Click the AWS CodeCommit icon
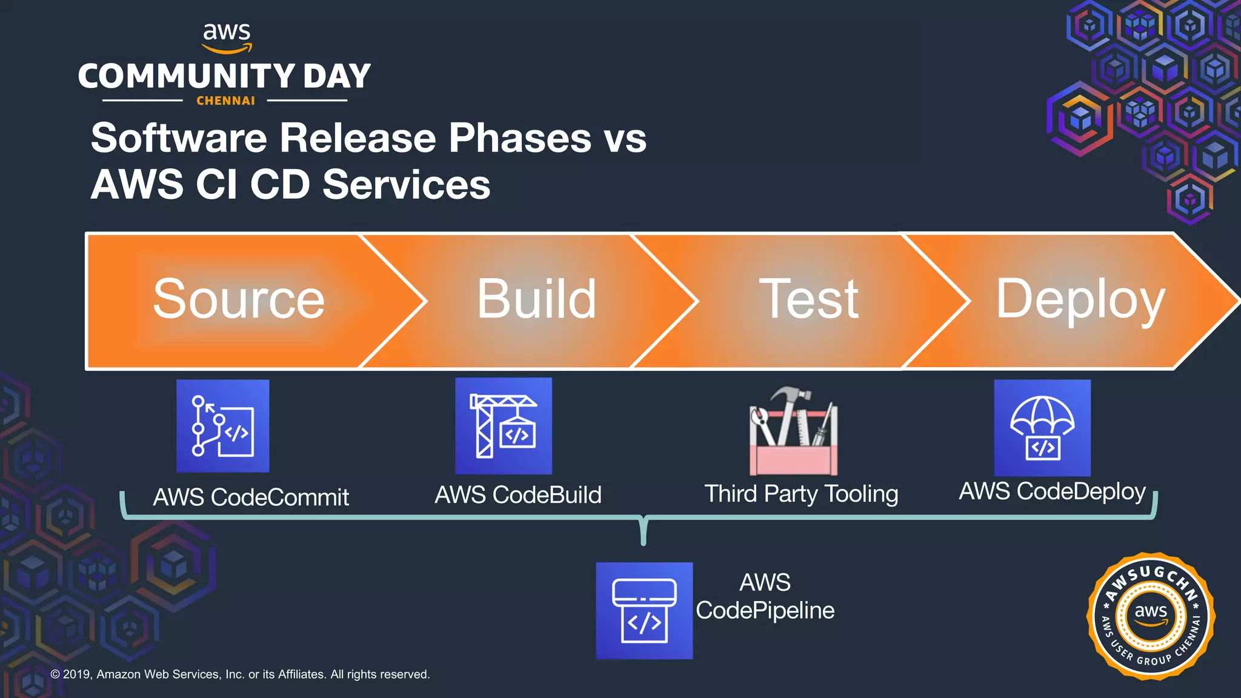click(x=222, y=426)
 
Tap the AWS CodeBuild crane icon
click(x=504, y=426)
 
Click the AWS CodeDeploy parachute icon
click(x=1042, y=428)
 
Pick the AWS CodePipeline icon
click(x=644, y=610)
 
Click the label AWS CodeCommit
click(x=251, y=497)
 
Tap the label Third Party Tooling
click(x=801, y=494)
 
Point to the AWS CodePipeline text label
click(x=765, y=597)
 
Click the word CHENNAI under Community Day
click(x=225, y=101)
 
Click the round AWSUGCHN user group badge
click(x=1151, y=616)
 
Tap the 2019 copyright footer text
click(x=240, y=674)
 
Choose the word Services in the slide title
click(x=406, y=185)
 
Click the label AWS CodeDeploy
click(x=1052, y=491)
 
